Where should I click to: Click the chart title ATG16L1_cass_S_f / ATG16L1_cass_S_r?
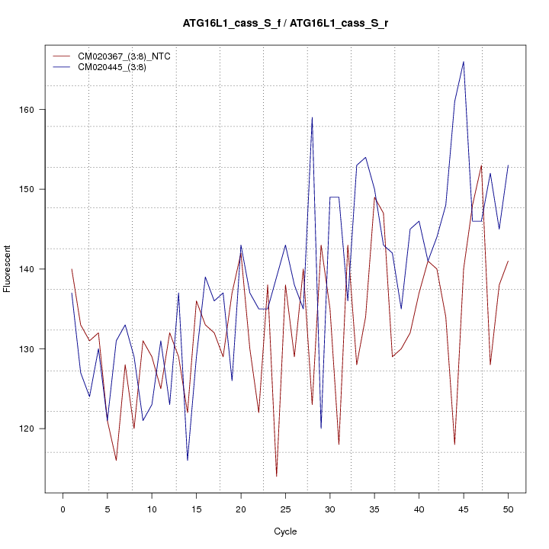285,24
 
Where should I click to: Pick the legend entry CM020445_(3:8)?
106,66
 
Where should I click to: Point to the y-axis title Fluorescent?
8,268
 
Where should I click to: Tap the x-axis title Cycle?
285,531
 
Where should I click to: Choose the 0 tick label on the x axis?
63,508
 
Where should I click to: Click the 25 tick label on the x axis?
285,508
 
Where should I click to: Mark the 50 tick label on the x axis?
508,508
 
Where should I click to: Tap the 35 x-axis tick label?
374,508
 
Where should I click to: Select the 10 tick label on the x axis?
152,508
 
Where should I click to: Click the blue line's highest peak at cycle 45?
464,62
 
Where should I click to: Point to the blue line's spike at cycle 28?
312,117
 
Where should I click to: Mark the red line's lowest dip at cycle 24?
276,476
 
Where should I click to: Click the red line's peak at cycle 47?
481,165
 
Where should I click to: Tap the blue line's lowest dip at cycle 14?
188,460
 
